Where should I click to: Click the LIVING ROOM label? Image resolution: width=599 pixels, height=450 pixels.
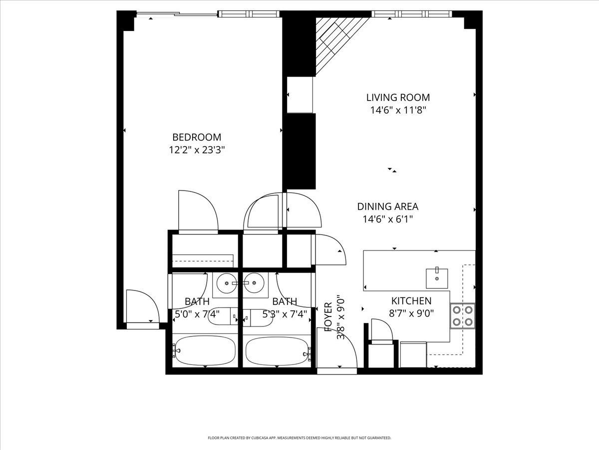tap(398, 98)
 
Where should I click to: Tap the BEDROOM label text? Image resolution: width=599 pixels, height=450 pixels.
tap(197, 137)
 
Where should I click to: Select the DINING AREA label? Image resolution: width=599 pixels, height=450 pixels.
tap(387, 206)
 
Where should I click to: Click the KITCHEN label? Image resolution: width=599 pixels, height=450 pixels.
tap(411, 301)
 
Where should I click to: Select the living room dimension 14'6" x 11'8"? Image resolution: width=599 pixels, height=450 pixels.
tap(398, 110)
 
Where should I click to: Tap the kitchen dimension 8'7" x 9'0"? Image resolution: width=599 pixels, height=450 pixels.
tap(411, 313)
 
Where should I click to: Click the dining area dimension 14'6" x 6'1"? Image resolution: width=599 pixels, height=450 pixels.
tap(387, 219)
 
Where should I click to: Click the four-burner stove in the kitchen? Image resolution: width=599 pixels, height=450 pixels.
tap(462, 315)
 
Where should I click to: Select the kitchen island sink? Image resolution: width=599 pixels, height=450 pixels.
tap(437, 277)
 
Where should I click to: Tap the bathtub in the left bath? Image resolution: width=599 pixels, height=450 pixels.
tap(204, 350)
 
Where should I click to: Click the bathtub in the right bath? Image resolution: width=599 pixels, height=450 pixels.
tap(278, 351)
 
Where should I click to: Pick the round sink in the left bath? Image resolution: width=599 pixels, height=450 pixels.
tap(227, 283)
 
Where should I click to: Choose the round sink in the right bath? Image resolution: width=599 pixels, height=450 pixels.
tap(255, 283)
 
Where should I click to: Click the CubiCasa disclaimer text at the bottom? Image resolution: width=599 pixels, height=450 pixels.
tap(299, 438)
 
